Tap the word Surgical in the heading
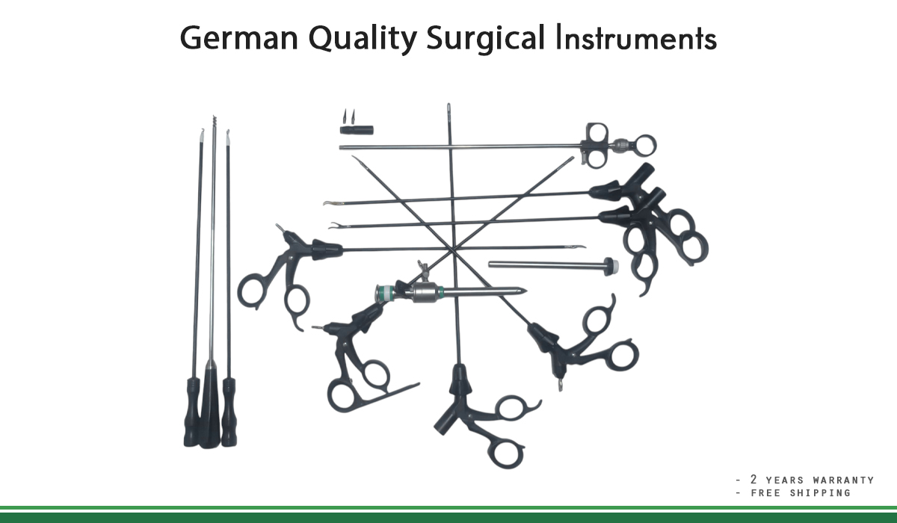point(486,37)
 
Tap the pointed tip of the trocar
point(523,291)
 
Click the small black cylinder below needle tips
point(356,130)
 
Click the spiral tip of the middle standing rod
point(214,122)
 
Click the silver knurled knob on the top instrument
point(620,145)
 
